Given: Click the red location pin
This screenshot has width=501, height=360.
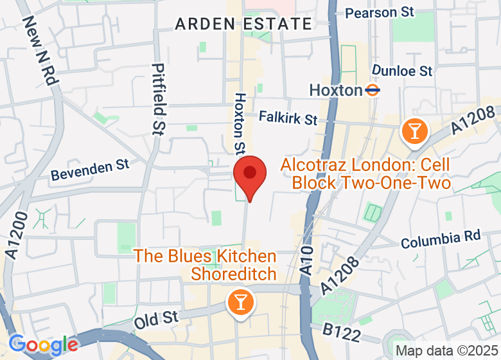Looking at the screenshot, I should [x=250, y=175].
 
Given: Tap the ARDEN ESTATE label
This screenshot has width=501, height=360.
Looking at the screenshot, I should [x=243, y=24].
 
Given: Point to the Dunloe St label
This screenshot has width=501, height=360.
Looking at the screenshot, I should [x=402, y=71].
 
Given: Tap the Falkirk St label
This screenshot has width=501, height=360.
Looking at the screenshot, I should [x=288, y=118].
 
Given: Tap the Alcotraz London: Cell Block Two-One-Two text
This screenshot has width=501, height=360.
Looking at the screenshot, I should [x=365, y=174].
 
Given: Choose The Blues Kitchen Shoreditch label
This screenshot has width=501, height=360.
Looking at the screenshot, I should [x=206, y=265].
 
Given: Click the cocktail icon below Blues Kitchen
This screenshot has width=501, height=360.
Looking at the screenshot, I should [x=241, y=301].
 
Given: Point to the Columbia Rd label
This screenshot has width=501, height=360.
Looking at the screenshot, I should [x=441, y=240].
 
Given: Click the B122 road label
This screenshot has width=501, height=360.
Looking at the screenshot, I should [x=341, y=332].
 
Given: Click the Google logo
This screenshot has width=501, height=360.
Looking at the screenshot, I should [x=44, y=345].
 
